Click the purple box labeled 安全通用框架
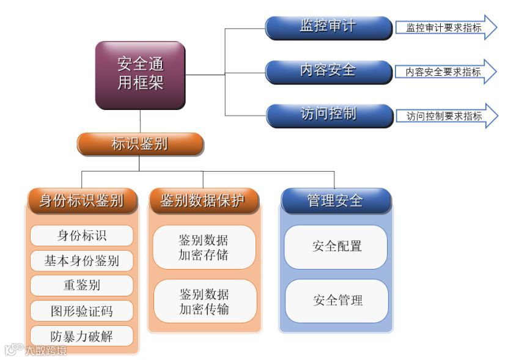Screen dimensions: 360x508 click(140, 75)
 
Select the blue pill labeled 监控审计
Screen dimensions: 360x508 click(328, 28)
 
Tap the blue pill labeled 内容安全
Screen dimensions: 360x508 click(328, 71)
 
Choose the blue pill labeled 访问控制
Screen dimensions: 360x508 click(328, 115)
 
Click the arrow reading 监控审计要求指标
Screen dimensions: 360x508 click(445, 28)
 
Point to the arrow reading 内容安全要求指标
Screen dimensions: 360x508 click(445, 72)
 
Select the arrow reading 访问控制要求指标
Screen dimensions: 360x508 click(445, 116)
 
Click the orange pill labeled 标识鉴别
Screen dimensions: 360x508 click(140, 144)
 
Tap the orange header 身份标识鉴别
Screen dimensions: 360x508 click(81, 201)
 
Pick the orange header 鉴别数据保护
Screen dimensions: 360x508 click(203, 201)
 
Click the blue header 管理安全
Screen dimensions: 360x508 click(335, 200)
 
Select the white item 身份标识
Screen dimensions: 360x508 click(81, 236)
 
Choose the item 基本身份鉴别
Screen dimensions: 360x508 click(81, 261)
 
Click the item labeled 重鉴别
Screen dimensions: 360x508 click(81, 285)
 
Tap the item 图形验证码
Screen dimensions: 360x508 click(81, 310)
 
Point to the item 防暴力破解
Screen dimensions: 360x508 click(81, 336)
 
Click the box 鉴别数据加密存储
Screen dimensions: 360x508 click(204, 247)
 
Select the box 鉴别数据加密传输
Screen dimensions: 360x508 click(204, 301)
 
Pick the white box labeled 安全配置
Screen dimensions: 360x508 click(336, 247)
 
